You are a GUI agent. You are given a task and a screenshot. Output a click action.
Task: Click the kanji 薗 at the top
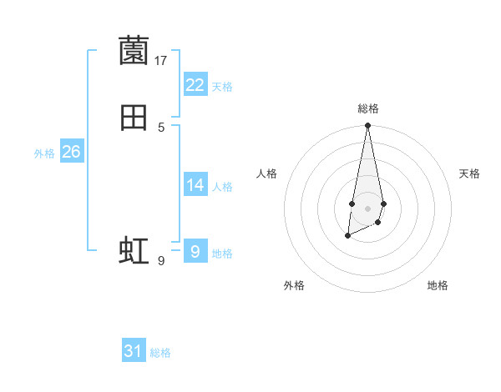coord(134,52)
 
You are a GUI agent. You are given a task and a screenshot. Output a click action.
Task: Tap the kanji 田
coord(134,118)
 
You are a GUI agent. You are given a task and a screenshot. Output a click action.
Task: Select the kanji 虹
coord(134,251)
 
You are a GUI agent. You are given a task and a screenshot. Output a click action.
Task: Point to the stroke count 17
coord(161,61)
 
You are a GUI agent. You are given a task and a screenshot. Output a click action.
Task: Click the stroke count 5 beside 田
coord(161,127)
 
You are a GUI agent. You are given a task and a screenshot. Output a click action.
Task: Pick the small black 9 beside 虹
coord(161,261)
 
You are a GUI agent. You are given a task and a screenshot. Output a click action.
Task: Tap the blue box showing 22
coord(195,85)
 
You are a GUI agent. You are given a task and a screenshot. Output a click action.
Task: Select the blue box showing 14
coord(195,185)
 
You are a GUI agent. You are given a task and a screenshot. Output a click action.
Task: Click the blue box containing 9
coord(195,251)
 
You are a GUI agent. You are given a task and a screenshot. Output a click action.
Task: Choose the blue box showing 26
coord(72,152)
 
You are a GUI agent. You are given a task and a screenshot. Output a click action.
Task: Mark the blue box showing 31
coord(134,351)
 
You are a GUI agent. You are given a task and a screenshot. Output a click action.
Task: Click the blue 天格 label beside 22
coord(222,86)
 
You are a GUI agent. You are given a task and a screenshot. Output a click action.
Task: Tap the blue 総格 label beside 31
coord(160,353)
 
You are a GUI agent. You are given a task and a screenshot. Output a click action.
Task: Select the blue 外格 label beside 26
coord(44,153)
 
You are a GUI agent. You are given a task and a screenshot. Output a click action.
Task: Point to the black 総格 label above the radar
coord(368,108)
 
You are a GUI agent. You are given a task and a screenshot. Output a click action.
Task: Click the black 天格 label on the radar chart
coord(469,173)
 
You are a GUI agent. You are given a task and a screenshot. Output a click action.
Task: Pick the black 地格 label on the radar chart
coord(438,286)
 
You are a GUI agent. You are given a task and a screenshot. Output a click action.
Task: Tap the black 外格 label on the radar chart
coord(294,286)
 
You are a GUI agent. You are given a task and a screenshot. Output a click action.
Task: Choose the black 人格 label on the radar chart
coord(267,173)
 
